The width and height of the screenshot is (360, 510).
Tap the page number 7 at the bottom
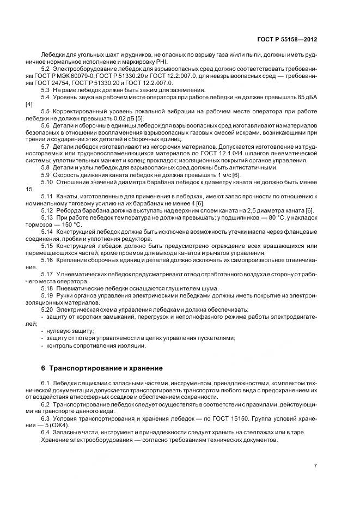pyautogui.click(x=315, y=466)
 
